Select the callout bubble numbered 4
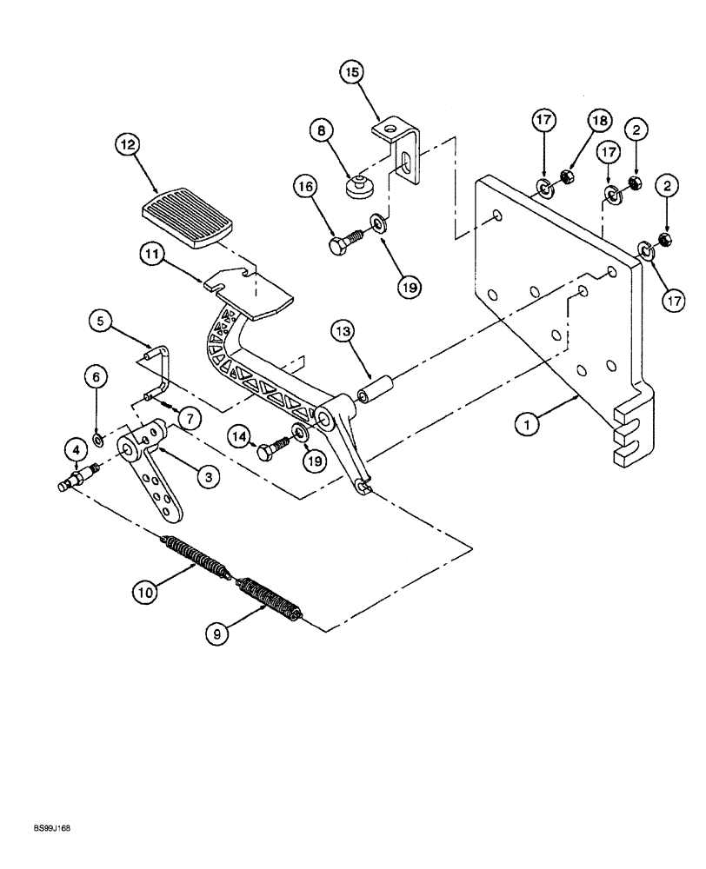click(x=77, y=450)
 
